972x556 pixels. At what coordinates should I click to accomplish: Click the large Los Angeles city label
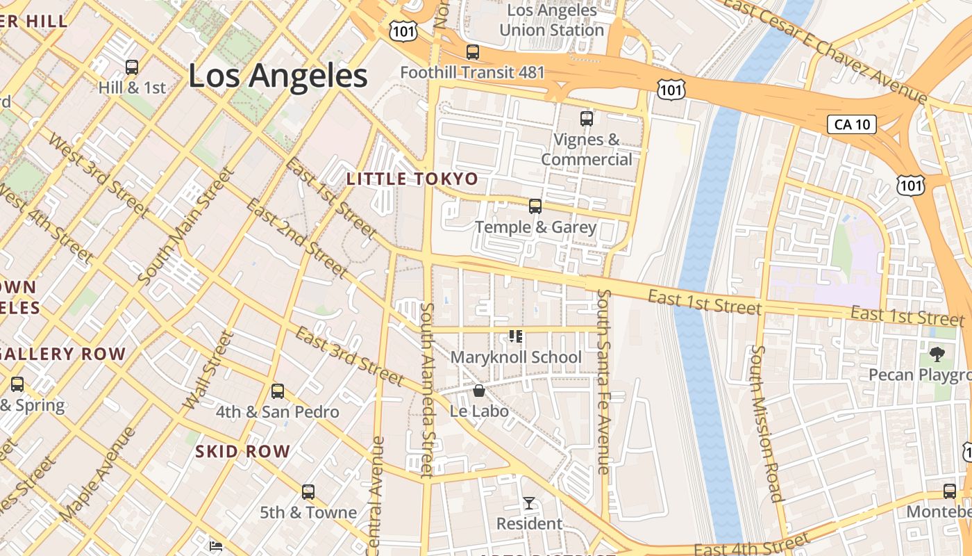[278, 76]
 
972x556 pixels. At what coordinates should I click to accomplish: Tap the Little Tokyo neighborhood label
[412, 179]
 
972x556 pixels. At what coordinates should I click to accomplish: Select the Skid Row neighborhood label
[242, 452]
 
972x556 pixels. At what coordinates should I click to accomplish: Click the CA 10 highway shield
[851, 124]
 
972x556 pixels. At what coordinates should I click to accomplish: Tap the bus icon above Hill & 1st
[132, 67]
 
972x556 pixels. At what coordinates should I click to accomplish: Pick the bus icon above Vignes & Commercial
[587, 119]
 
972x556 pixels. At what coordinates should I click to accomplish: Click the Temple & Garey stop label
[535, 227]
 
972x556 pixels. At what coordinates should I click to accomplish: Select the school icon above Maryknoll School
[516, 337]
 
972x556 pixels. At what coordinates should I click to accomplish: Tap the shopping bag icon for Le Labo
[478, 391]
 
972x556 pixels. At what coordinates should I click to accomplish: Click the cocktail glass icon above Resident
[529, 502]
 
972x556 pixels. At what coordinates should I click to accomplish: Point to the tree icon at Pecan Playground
[937, 354]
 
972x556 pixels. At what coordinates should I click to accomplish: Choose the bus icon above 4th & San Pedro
[278, 391]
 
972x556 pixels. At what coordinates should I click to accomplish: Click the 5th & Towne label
[308, 513]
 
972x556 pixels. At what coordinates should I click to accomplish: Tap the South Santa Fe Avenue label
[603, 382]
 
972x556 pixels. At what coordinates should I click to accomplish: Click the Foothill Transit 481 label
[473, 72]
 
